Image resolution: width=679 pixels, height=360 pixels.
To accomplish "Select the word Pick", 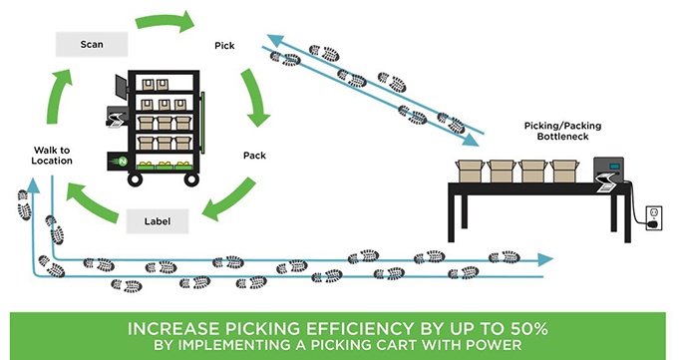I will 224,46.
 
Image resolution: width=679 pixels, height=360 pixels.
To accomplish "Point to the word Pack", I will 254,156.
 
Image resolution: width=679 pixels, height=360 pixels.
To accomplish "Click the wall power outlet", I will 655,215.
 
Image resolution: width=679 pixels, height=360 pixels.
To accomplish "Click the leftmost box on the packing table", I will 472,171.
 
